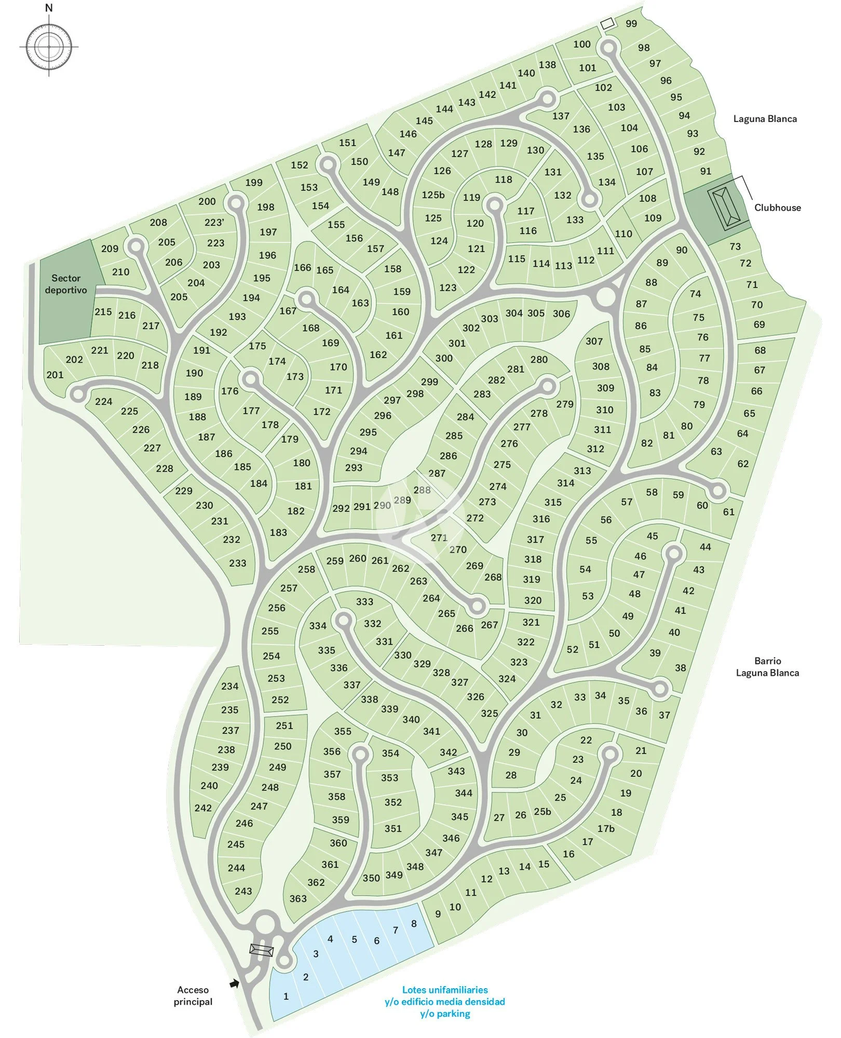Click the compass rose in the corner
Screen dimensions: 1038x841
(x=49, y=47)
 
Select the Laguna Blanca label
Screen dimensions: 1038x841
(x=765, y=119)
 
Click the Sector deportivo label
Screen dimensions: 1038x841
(x=66, y=284)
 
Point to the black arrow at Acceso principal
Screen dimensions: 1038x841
(x=235, y=983)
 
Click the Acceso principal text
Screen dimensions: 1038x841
(x=193, y=995)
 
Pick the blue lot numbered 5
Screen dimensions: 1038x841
(x=355, y=939)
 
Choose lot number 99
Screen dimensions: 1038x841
(x=631, y=23)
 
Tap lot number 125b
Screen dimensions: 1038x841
(x=433, y=195)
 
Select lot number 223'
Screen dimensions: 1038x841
(x=214, y=222)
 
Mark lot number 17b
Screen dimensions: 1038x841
(x=606, y=829)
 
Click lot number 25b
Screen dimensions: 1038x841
(x=542, y=812)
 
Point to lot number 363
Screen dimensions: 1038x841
(x=298, y=898)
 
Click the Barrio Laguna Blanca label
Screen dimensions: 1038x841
(x=767, y=667)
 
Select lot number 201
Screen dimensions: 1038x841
(x=55, y=375)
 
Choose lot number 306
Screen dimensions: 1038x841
(x=561, y=313)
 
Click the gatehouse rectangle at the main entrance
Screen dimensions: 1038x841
(x=261, y=950)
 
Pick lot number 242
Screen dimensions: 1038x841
(x=203, y=808)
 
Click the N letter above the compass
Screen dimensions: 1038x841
(x=49, y=8)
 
